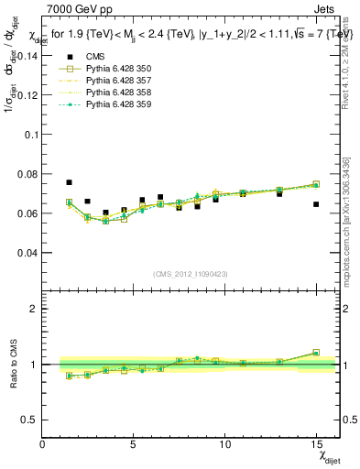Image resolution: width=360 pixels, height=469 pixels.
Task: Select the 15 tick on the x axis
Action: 316,444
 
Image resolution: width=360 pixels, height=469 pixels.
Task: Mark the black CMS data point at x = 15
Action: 316,204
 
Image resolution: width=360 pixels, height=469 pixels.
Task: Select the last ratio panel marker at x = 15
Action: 316,353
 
